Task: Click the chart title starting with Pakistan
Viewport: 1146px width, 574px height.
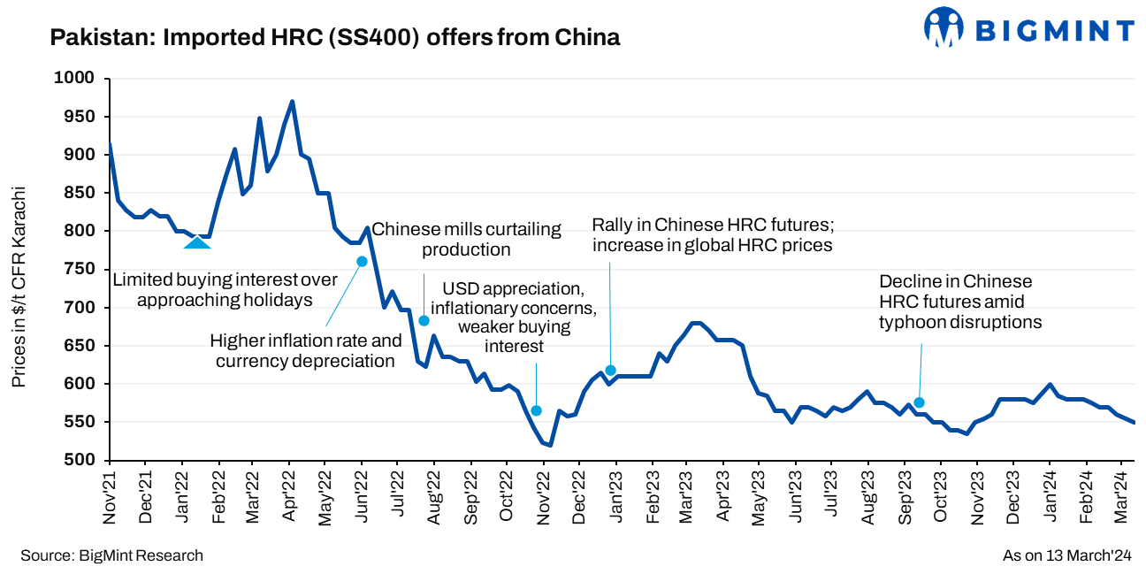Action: tap(335, 37)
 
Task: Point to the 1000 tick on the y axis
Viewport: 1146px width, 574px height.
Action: tap(77, 79)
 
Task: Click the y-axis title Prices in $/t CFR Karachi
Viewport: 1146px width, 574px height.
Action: tap(19, 287)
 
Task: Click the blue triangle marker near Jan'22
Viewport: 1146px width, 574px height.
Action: tap(196, 241)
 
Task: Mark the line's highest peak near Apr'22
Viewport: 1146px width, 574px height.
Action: tap(292, 102)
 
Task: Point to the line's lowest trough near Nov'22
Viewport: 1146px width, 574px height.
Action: tap(550, 445)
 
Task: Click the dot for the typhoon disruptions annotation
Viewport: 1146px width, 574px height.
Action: tap(919, 402)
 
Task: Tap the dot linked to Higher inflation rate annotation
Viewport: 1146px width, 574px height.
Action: tap(362, 261)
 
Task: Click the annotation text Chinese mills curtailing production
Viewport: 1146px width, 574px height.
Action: tap(466, 239)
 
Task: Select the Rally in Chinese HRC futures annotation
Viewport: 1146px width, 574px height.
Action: tap(712, 234)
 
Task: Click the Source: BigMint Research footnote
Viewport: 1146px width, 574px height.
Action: tap(112, 555)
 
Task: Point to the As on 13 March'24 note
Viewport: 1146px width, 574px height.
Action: tap(1067, 555)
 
